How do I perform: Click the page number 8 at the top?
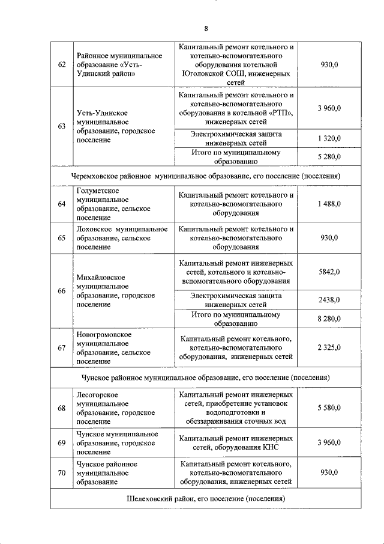pyautogui.click(x=206, y=28)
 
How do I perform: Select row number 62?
pyautogui.click(x=61, y=65)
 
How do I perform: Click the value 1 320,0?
pyautogui.click(x=329, y=139)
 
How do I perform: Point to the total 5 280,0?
pyautogui.click(x=329, y=157)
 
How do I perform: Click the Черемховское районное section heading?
pyautogui.click(x=206, y=176)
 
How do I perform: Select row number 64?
pyautogui.click(x=61, y=204)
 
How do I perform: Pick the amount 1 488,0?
pyautogui.click(x=329, y=204)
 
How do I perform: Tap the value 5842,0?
pyautogui.click(x=329, y=272)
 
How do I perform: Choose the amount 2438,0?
pyautogui.click(x=329, y=300)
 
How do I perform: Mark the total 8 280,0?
pyautogui.click(x=329, y=319)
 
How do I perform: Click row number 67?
pyautogui.click(x=61, y=347)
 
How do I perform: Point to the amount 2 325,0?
pyautogui.click(x=329, y=347)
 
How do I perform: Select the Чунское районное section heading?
pyautogui.click(x=206, y=377)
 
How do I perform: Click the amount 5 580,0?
pyautogui.click(x=329, y=408)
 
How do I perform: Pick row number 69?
pyautogui.click(x=61, y=443)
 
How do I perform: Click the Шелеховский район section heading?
pyautogui.click(x=206, y=499)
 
